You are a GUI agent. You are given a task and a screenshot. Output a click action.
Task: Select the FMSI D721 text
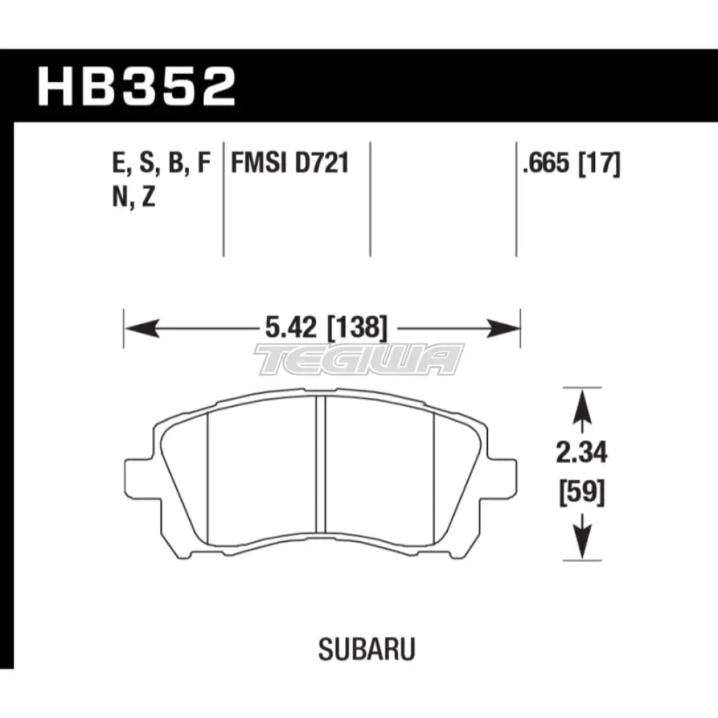click(x=289, y=164)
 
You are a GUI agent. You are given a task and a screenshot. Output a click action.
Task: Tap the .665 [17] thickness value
click(x=572, y=164)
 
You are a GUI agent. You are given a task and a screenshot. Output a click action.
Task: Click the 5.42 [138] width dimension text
click(x=322, y=330)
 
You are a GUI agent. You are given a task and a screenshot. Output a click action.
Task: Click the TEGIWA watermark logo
click(x=359, y=359)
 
